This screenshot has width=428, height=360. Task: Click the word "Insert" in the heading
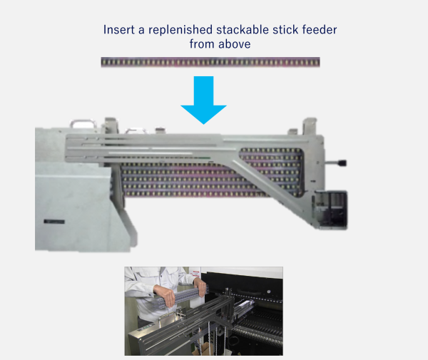click(119, 30)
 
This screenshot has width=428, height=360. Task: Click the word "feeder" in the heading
click(320, 30)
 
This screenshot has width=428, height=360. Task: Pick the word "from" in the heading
click(201, 44)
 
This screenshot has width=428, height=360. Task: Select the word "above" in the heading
click(235, 44)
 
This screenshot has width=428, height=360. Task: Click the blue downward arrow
click(203, 100)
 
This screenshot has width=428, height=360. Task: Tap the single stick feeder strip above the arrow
click(210, 62)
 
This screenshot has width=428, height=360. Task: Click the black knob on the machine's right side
click(342, 163)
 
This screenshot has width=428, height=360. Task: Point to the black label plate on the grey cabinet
click(54, 222)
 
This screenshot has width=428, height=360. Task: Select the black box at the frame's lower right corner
click(331, 210)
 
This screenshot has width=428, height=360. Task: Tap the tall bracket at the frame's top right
click(310, 126)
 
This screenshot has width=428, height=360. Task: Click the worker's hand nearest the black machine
click(200, 287)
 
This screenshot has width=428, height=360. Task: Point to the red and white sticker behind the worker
click(196, 273)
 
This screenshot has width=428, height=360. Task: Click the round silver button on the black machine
click(269, 292)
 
